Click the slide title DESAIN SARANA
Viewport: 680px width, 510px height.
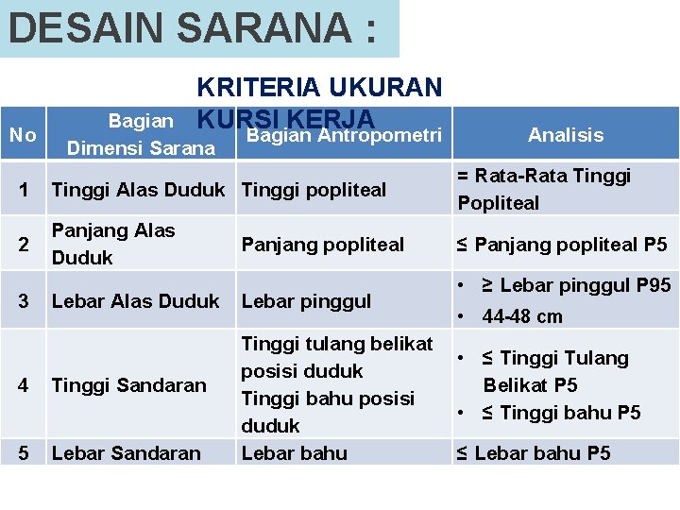click(x=192, y=28)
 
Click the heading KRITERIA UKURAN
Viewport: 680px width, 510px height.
click(x=319, y=88)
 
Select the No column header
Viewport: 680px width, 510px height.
click(x=23, y=135)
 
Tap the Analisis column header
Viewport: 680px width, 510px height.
click(x=566, y=135)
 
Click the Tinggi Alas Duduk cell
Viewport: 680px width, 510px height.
click(x=138, y=189)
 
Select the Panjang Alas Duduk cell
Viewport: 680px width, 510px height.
click(x=113, y=245)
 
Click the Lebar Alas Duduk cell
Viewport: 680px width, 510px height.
click(x=135, y=301)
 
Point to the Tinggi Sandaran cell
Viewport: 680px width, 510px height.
click(x=128, y=384)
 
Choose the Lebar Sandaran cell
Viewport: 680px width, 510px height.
click(x=127, y=453)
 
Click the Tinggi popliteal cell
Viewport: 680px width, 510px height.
click(x=314, y=189)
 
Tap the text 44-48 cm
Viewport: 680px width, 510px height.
click(x=522, y=316)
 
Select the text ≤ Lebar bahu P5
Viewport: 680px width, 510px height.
click(x=534, y=453)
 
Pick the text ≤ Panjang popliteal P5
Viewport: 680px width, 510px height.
click(x=562, y=245)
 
